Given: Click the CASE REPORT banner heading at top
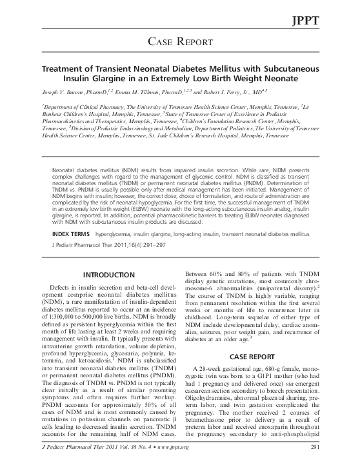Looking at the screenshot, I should click(180, 43).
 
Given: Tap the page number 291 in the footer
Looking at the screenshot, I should click(315, 465).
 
